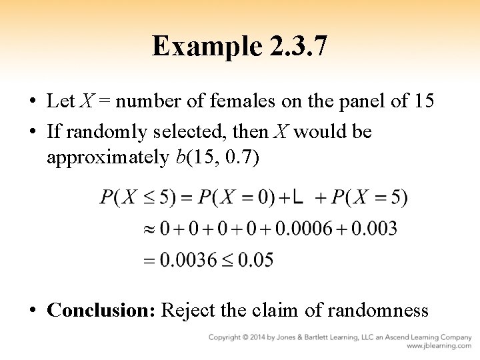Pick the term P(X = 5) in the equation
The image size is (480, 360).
pos(370,197)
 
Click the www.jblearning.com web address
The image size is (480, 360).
pos(439,347)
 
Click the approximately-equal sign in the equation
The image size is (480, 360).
pos(149,229)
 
